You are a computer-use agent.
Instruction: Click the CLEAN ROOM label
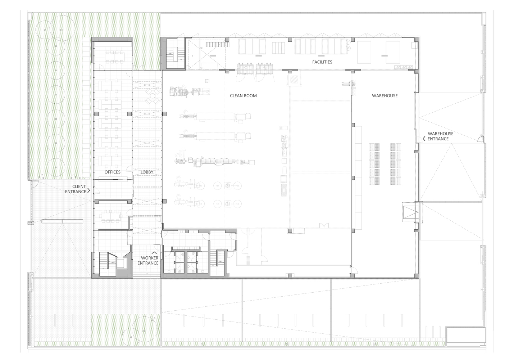tap(243, 96)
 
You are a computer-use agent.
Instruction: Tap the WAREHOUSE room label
tap(385, 96)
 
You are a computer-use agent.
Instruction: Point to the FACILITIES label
tap(322, 62)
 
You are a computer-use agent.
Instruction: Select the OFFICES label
tap(113, 172)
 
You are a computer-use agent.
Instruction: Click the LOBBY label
tap(147, 172)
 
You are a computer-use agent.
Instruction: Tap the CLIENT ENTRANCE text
tap(76, 189)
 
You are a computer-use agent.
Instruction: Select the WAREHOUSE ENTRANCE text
tap(440, 136)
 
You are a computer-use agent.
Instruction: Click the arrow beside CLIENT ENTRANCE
tap(89, 190)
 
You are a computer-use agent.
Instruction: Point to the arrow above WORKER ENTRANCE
tap(154, 252)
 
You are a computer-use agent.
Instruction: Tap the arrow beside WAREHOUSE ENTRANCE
tap(424, 139)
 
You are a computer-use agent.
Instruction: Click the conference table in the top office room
tap(115, 57)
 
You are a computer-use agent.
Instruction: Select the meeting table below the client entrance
tap(111, 216)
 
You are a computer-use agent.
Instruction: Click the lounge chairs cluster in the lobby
tap(153, 96)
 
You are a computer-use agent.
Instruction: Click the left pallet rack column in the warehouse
tap(374, 164)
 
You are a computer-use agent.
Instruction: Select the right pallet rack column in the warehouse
tap(396, 164)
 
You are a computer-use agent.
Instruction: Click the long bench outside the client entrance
tap(62, 221)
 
